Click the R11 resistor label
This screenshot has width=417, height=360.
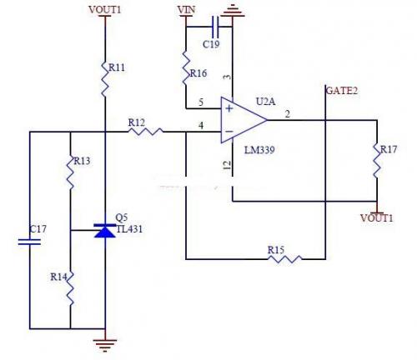tap(117, 67)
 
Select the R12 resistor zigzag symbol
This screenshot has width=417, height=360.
tap(145, 132)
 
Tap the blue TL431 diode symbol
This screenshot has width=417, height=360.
tap(105, 231)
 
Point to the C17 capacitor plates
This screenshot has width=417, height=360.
tap(29, 242)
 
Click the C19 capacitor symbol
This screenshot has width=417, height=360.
tap(215, 27)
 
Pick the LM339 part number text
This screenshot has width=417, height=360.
tap(259, 150)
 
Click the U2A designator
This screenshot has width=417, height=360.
tap(266, 102)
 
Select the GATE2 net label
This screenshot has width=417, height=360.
tap(342, 91)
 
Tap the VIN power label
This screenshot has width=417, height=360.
tap(186, 10)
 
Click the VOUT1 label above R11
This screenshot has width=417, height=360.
tap(105, 10)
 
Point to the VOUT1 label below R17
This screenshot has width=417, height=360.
tap(377, 218)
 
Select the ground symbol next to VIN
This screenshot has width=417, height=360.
tap(233, 11)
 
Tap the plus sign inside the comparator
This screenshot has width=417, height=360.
tap(229, 108)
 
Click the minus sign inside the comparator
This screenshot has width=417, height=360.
tap(229, 131)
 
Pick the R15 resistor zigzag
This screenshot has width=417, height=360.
tap(284, 259)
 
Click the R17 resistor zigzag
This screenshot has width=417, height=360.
tap(377, 160)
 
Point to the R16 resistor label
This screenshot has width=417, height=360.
tap(198, 73)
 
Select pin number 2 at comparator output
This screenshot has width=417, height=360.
tap(288, 114)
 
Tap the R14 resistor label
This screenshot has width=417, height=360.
tap(58, 277)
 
